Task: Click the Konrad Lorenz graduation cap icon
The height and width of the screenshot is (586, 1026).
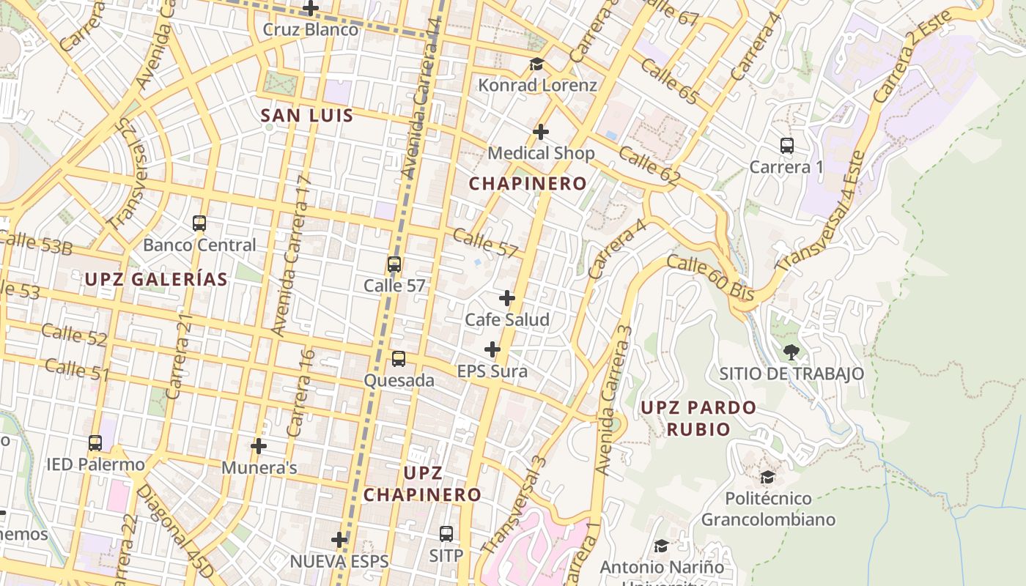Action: (537, 64)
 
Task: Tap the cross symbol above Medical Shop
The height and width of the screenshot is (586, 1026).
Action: (541, 132)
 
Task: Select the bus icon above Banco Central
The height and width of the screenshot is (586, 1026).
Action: (199, 223)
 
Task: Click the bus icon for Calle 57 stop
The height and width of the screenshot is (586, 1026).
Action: (394, 264)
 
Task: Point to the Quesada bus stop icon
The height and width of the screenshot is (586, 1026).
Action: (399, 359)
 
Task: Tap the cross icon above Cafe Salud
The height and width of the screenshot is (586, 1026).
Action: (506, 298)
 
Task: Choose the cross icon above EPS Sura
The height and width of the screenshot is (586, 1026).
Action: (492, 349)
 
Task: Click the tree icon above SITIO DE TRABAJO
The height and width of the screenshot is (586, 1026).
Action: (791, 352)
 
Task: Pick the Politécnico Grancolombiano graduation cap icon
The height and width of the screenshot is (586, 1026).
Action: (767, 478)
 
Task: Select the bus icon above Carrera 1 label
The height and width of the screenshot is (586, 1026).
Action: (787, 146)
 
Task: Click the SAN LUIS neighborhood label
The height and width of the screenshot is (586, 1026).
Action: (307, 116)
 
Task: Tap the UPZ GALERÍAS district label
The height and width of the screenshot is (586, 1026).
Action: (156, 279)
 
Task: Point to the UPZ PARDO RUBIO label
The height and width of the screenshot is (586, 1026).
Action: (698, 418)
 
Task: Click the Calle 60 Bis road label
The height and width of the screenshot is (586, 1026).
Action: (710, 278)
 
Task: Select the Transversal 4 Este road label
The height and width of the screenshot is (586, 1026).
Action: (821, 212)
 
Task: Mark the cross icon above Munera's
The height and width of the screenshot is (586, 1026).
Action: (258, 445)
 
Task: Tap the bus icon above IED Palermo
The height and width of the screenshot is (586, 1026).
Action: (95, 443)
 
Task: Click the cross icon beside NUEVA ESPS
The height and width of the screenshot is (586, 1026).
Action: (339, 540)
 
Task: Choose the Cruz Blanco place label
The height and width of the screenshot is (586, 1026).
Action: (311, 30)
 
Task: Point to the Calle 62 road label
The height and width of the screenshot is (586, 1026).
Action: (649, 166)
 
